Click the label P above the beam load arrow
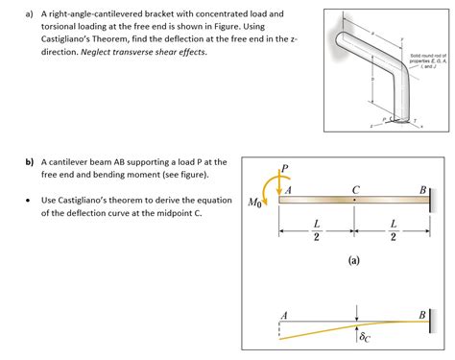(283, 170)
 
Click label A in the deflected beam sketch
(283, 315)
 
